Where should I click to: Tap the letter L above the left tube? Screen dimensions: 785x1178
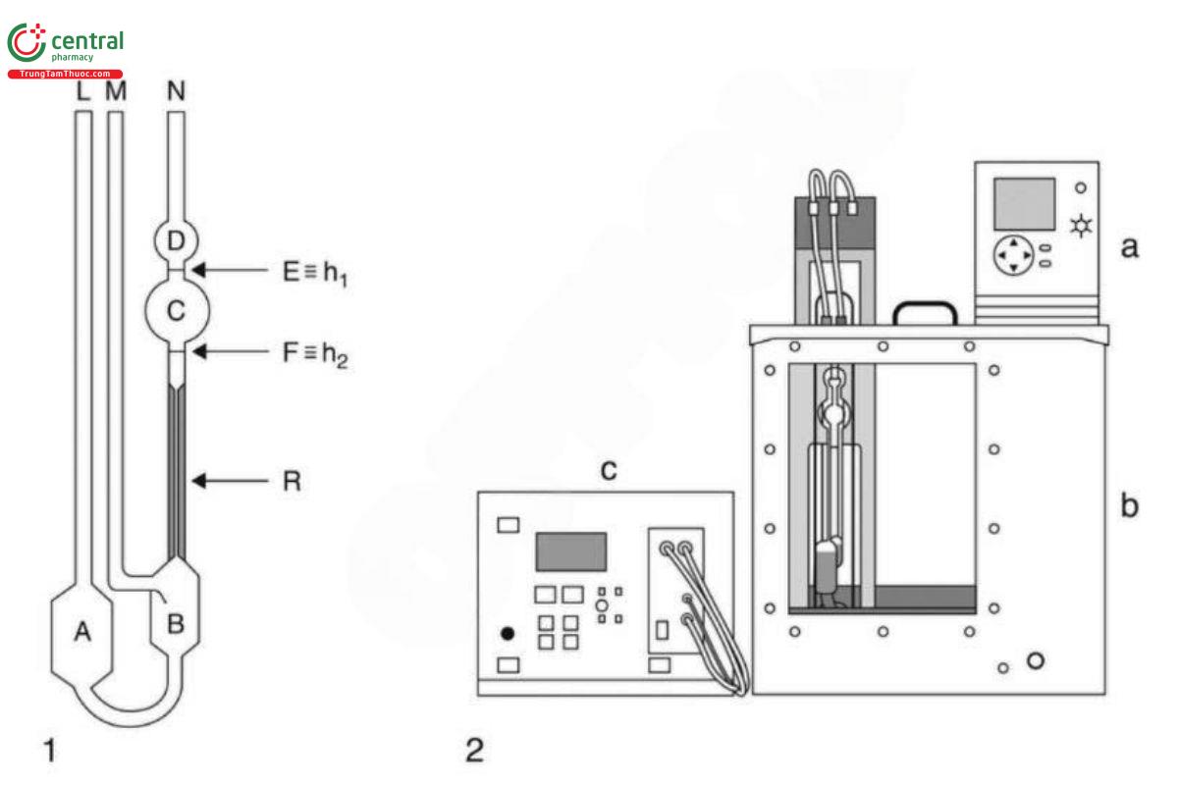pos(83,92)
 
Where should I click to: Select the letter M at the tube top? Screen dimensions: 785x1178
pos(116,92)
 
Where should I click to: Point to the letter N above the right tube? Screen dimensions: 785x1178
pos(177,92)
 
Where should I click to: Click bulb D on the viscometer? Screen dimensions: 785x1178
pos(177,238)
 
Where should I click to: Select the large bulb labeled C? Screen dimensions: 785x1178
pos(177,310)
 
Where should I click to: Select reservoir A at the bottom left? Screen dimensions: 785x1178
pos(83,633)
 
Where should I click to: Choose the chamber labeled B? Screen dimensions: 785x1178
pos(175,621)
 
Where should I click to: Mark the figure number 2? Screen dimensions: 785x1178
pos(473,752)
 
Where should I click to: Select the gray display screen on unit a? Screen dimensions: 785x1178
pos(1024,204)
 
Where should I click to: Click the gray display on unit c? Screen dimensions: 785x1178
pos(570,551)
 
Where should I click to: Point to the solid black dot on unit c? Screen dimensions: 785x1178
pos(508,633)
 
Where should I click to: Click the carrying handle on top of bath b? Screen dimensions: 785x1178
pos(924,310)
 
